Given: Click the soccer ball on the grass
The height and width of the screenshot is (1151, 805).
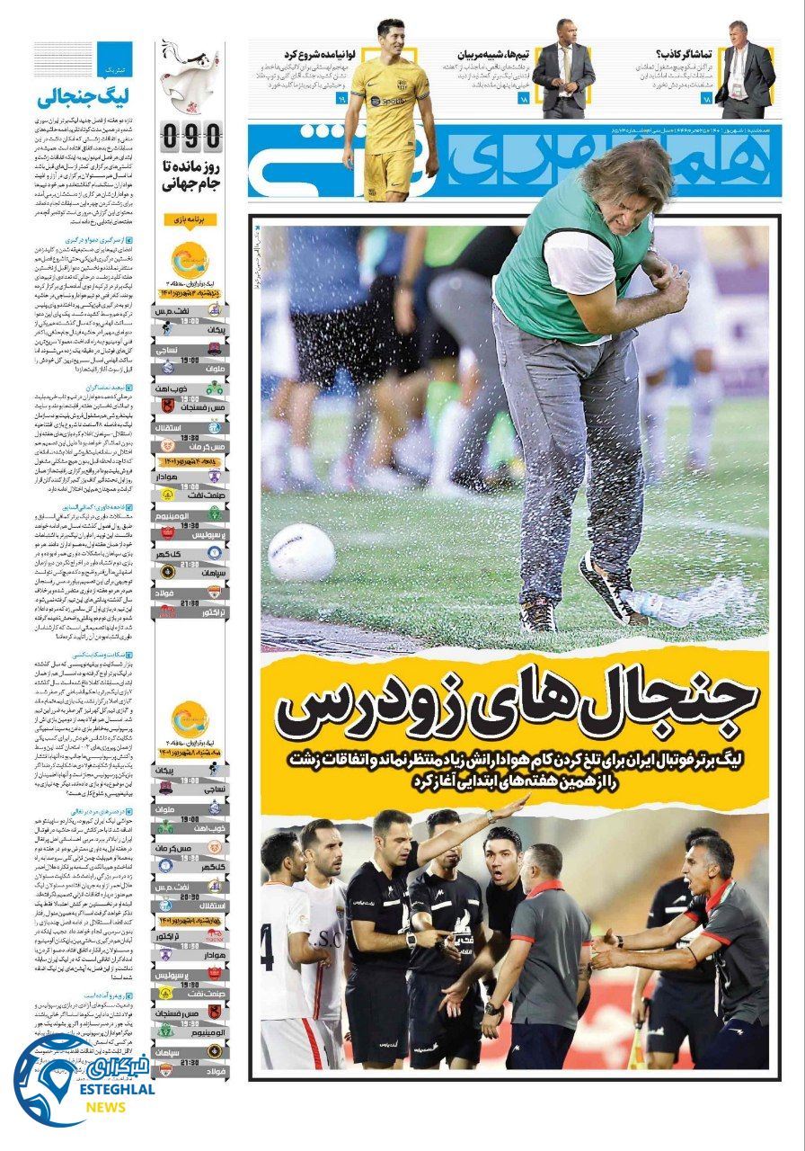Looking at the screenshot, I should coord(301,552).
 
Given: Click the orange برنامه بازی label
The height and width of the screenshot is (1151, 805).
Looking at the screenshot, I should coord(190,219).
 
